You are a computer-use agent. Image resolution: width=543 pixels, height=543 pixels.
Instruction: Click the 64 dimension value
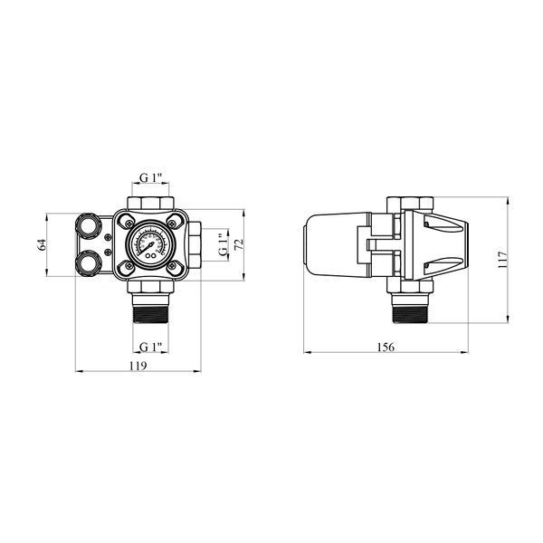coord(42,245)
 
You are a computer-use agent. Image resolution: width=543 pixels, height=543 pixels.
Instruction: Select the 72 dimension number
coord(239,244)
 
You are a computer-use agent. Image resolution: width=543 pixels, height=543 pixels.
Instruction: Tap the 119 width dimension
coord(138,366)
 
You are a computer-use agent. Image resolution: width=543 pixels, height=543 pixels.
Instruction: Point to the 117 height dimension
coord(502,260)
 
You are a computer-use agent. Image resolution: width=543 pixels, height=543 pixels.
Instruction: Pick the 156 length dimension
coord(386,347)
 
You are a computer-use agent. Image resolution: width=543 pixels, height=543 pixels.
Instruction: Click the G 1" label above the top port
coord(150,177)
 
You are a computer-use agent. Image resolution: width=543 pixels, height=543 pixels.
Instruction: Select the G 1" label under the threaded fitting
coord(150,347)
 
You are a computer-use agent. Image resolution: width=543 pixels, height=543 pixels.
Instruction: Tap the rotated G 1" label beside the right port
coord(224,245)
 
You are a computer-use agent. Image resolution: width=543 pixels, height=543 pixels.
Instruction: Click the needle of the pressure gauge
coord(148,248)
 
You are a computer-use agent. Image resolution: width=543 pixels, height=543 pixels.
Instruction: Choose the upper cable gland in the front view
coord(87,225)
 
